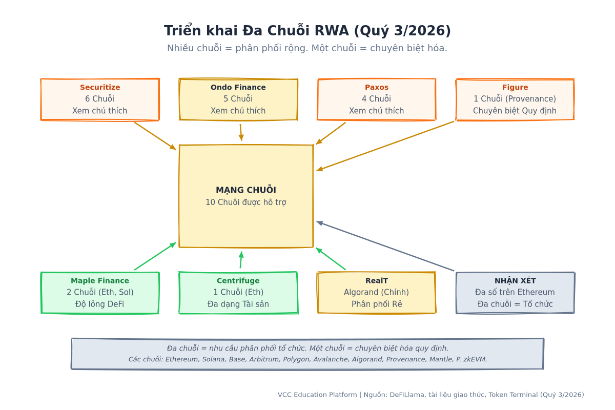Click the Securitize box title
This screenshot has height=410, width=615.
(x=100, y=87)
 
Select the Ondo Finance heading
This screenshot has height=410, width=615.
(x=238, y=87)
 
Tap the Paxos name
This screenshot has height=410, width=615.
(x=376, y=87)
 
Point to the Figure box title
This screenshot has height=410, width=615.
(x=515, y=87)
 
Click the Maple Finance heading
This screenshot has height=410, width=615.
(x=100, y=281)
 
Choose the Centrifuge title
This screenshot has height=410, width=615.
(x=238, y=281)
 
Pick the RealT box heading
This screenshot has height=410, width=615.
(x=376, y=281)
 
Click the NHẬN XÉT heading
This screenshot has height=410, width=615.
(x=515, y=280)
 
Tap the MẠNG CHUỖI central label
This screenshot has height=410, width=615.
(x=246, y=190)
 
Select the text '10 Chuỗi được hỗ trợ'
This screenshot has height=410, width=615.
(x=246, y=202)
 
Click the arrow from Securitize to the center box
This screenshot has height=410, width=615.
(x=155, y=136)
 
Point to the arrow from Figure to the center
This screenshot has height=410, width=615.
(x=385, y=146)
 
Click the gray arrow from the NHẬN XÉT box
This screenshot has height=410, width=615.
(x=385, y=246)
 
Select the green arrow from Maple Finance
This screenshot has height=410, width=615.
(x=155, y=256)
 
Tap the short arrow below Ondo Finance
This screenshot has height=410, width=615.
(x=241, y=132)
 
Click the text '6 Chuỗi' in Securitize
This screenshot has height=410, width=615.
(x=99, y=99)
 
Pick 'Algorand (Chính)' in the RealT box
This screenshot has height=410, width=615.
(x=376, y=292)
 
